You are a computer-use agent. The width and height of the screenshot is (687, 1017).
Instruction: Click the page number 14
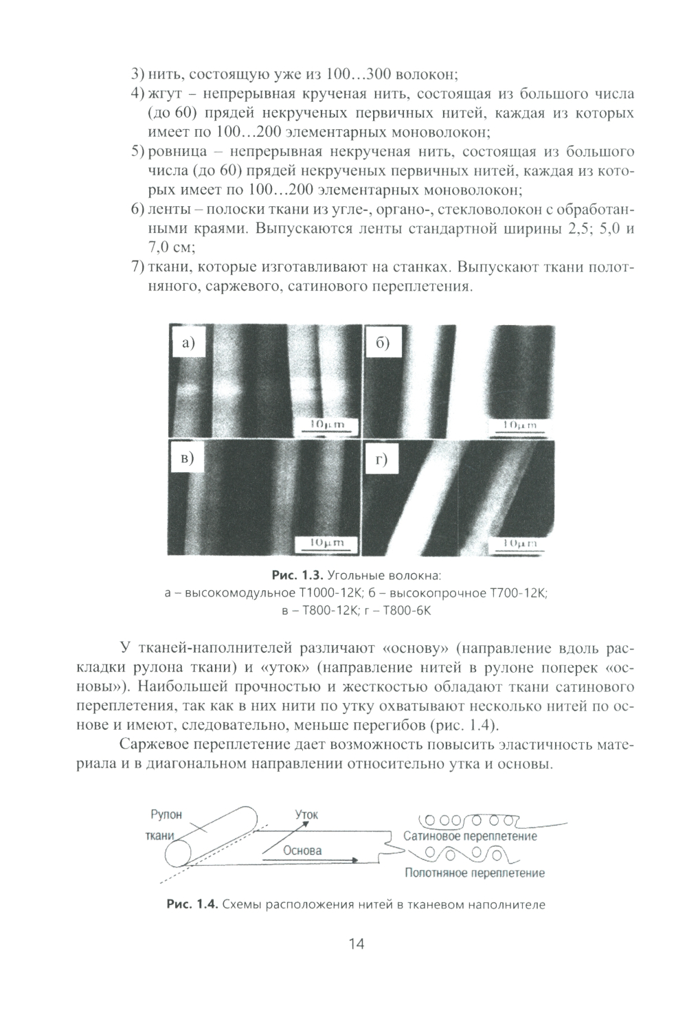pyautogui.click(x=356, y=943)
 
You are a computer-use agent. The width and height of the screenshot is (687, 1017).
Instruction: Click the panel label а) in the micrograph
pyautogui.click(x=188, y=344)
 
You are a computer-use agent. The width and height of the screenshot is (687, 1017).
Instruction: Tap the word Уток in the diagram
pyautogui.click(x=306, y=814)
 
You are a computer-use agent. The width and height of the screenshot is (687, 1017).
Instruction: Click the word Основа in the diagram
pyautogui.click(x=302, y=850)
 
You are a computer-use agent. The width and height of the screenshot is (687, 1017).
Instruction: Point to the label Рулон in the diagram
pyautogui.click(x=166, y=815)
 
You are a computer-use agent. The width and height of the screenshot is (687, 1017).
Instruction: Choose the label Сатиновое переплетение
pyautogui.click(x=470, y=836)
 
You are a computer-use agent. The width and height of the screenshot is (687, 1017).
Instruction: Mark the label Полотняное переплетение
pyautogui.click(x=474, y=873)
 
